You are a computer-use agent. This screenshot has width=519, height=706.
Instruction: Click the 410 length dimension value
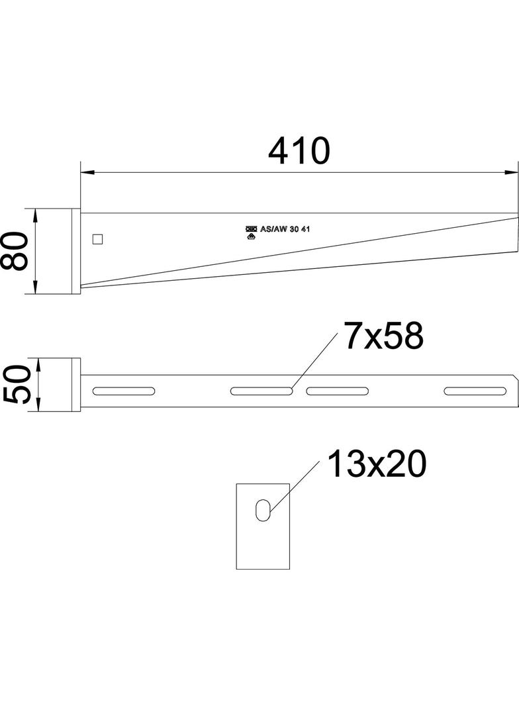tap(299, 151)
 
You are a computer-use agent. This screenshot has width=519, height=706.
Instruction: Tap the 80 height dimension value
tap(15, 251)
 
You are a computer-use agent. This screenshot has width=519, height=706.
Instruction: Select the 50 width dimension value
tap(17, 384)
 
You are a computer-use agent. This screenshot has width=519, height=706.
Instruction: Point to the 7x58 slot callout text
tap(384, 335)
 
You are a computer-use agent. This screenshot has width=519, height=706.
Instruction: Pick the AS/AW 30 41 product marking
tap(285, 229)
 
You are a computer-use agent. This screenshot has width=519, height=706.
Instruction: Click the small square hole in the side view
tap(98, 239)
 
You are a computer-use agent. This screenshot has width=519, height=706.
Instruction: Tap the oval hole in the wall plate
tap(263, 510)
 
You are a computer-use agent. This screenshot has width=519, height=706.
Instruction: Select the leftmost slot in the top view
tap(124, 391)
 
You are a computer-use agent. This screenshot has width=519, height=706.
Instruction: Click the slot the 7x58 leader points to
tap(261, 391)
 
